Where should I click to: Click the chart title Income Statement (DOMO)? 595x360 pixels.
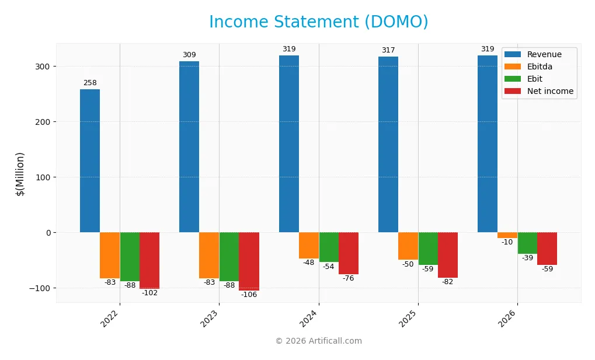[318, 22]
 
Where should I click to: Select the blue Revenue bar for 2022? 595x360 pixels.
[90, 160]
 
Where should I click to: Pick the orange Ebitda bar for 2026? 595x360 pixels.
[507, 235]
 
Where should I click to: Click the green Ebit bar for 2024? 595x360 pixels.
[329, 247]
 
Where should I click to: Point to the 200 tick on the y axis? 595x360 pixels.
[44, 122]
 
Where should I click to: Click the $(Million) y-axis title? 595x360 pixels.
[20, 174]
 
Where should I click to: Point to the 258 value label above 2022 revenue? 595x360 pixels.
[90, 83]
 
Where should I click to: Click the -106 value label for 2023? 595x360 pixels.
[249, 295]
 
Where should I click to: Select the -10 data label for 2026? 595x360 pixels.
[507, 242]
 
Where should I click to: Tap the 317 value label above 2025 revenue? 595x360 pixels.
[388, 50]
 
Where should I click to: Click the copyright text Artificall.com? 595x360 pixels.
[318, 341]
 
